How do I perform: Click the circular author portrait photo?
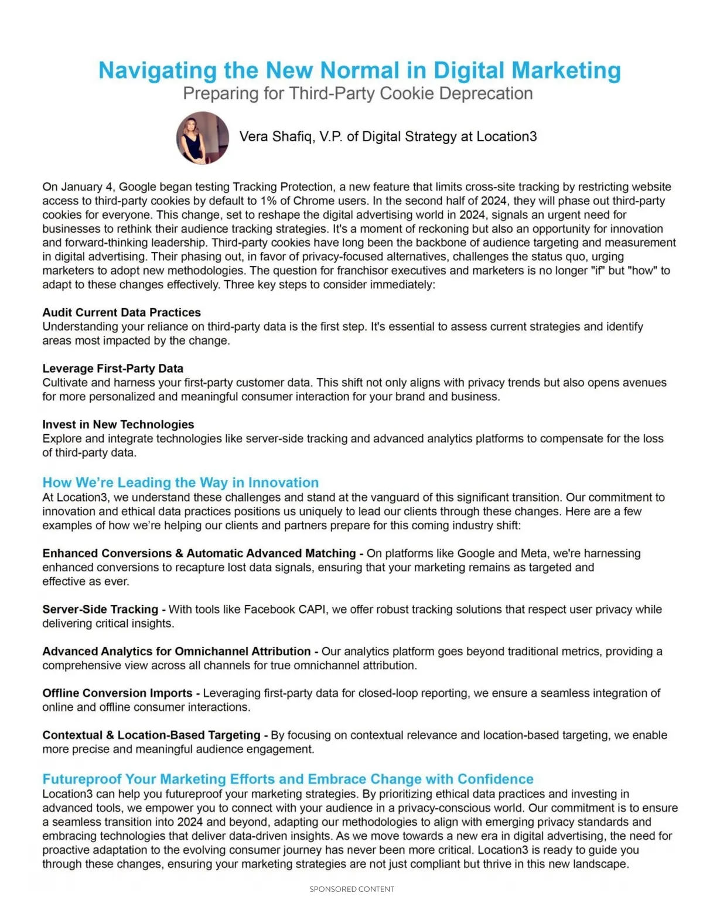point(202,138)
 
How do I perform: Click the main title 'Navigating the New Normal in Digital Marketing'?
point(359,70)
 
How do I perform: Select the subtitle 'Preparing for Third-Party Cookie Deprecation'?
point(357,94)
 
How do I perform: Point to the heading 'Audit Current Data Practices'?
point(121,312)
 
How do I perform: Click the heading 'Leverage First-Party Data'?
point(112,369)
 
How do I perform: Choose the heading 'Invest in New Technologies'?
point(118,424)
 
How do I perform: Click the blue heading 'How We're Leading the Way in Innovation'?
point(180,482)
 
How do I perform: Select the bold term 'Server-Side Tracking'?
point(100,609)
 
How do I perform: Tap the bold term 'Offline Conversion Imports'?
point(117,693)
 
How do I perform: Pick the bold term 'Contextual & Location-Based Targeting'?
point(151,735)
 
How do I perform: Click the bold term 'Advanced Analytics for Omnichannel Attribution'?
point(176,652)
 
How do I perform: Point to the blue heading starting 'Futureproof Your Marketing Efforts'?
point(288,779)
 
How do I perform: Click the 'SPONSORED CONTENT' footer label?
point(351,889)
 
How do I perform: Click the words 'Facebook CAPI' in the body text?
point(285,609)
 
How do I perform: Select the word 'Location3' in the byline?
point(506,137)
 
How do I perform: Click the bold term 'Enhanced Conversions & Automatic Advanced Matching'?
point(199,553)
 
